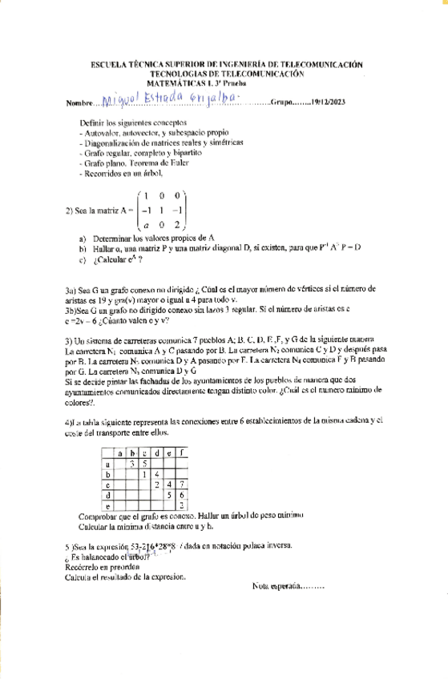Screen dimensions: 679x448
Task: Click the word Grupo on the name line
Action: pos(285,102)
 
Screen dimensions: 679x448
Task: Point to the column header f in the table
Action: pos(184,452)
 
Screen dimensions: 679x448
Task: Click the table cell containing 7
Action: pos(184,484)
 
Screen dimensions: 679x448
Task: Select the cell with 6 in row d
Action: pos(184,496)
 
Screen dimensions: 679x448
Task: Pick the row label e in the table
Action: pos(107,507)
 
